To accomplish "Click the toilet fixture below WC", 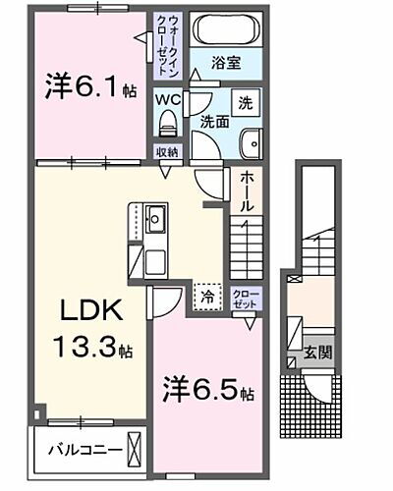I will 165,124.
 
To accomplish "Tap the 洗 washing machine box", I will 246,103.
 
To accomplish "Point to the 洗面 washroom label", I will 216,123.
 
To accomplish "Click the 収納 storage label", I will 167,151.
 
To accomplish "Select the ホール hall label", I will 247,192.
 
